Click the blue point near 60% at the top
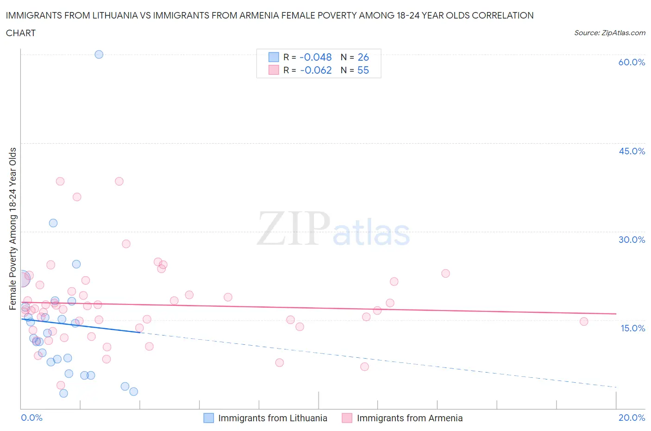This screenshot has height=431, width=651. [x=99, y=54]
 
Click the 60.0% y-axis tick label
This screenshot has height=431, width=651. [x=632, y=62]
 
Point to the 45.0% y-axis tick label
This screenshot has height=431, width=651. [x=632, y=151]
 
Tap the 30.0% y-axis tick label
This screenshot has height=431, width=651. [x=632, y=240]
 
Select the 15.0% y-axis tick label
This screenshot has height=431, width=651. [x=632, y=328]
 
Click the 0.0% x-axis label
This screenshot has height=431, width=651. [x=31, y=418]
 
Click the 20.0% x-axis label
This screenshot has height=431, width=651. [x=632, y=418]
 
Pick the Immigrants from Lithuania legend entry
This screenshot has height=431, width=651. [x=272, y=418]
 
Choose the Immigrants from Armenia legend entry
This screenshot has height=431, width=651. [x=409, y=418]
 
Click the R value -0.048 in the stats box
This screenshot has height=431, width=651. [x=316, y=57]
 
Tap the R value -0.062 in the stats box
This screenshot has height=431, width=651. [x=316, y=70]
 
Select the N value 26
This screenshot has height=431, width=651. [x=363, y=57]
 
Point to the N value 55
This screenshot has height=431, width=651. [x=363, y=70]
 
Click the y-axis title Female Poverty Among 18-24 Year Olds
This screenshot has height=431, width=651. [x=13, y=228]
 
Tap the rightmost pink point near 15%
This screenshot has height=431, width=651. [x=584, y=322]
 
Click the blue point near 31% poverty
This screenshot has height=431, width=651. [x=53, y=223]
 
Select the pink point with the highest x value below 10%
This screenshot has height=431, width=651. [x=364, y=367]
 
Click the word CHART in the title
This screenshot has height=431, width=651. [x=21, y=33]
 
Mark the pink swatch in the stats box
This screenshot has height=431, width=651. [x=274, y=70]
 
